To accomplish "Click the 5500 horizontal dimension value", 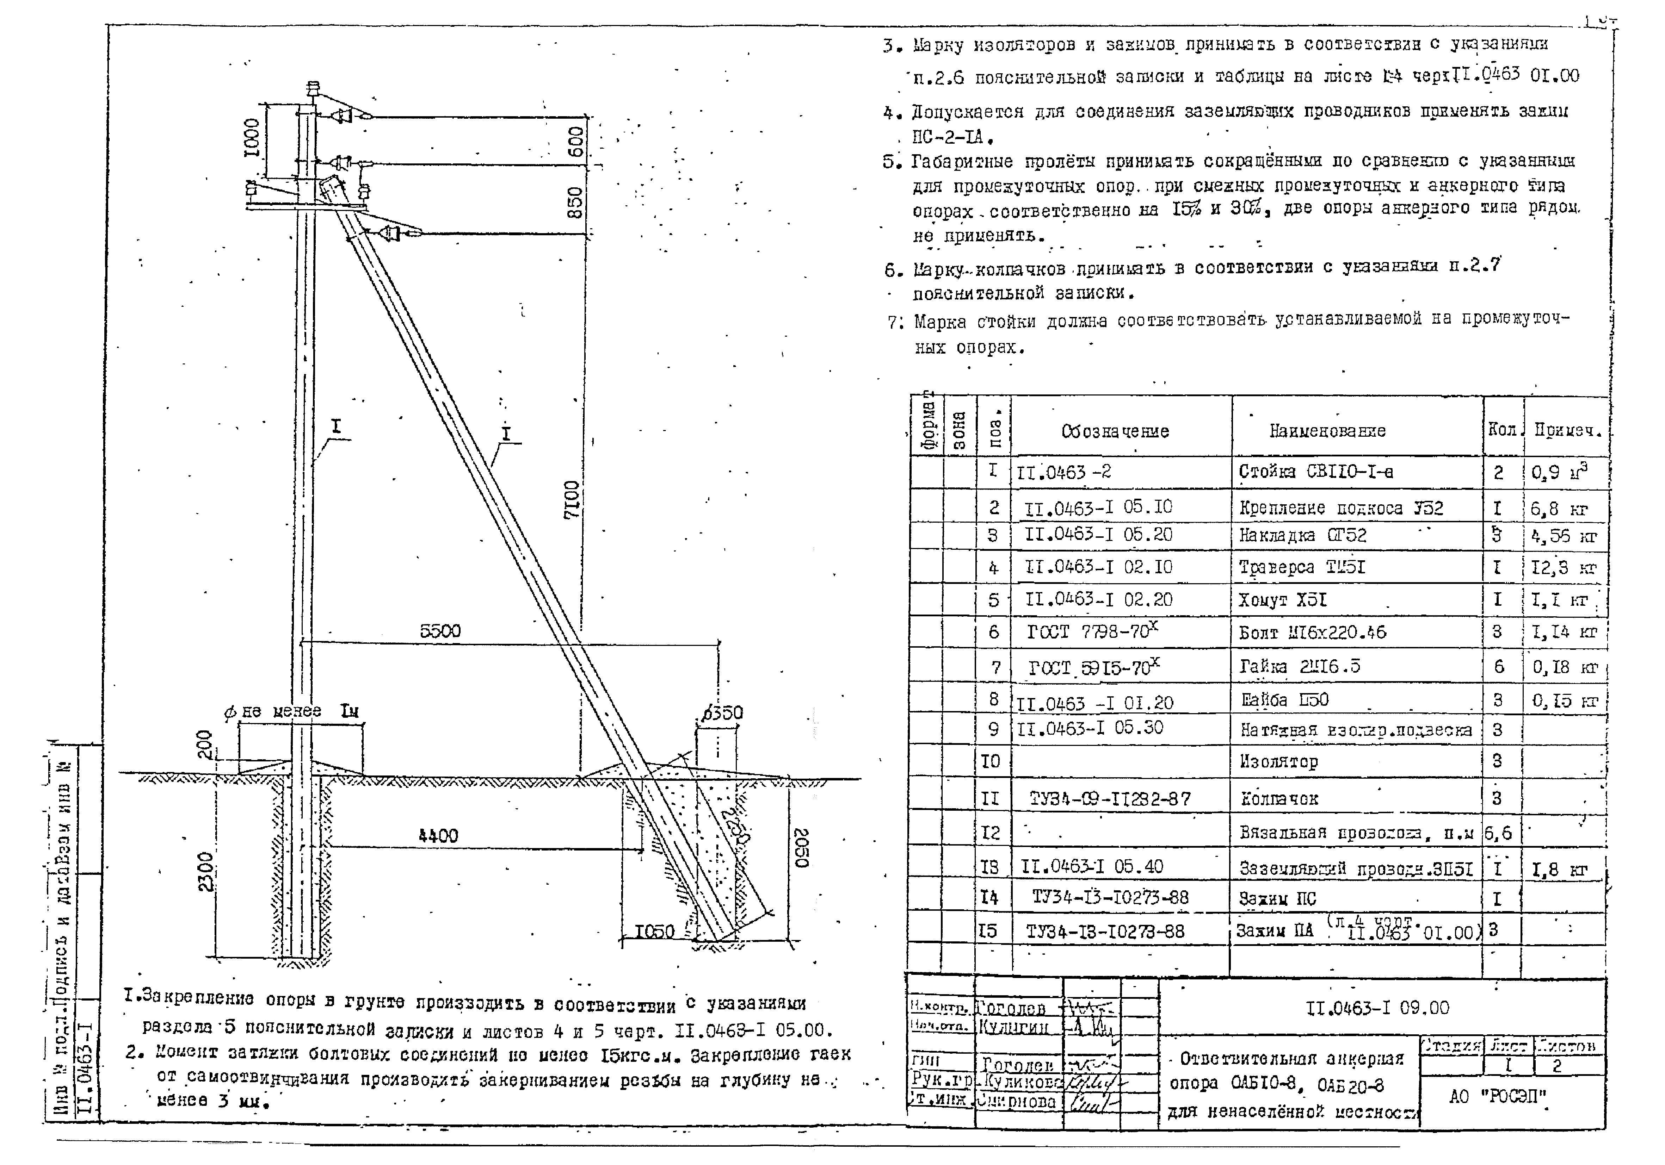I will pyautogui.click(x=440, y=631).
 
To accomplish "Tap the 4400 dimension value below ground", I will pyautogui.click(x=438, y=836).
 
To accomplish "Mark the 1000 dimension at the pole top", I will pyautogui.click(x=251, y=138).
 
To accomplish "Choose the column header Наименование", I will pyautogui.click(x=1327, y=431).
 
